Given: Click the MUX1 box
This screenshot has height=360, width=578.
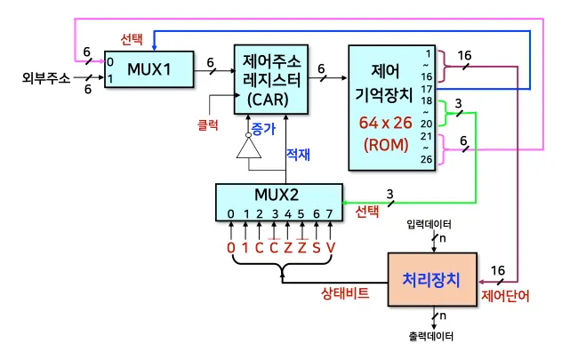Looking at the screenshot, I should pos(149,69).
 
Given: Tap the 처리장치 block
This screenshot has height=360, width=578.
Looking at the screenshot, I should pos(431,280).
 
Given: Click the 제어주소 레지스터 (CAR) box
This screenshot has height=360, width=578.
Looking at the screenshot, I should pos(272,79).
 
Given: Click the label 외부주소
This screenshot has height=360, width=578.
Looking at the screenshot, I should pos(45,77).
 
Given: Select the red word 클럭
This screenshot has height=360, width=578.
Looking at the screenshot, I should pos(207,126).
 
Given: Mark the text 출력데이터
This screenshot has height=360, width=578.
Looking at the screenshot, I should pos(430,338).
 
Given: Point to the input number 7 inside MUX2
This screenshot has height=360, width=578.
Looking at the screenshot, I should pos(330,213).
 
